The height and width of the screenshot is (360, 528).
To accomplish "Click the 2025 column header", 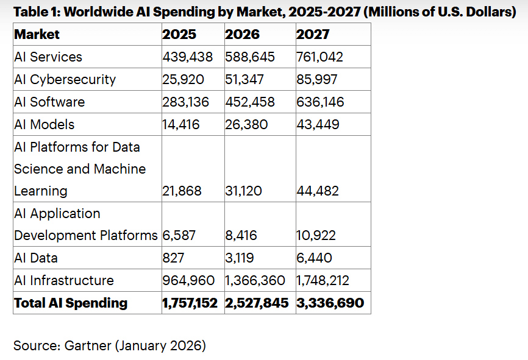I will pos(179,35).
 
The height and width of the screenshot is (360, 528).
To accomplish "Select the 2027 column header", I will pos(313,35).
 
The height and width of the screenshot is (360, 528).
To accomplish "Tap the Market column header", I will pos(37,35).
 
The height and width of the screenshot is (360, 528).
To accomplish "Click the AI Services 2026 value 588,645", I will pos(250,57).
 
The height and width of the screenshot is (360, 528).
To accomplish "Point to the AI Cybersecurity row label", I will pos(65,80).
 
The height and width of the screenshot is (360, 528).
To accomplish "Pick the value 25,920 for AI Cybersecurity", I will pos(183,80).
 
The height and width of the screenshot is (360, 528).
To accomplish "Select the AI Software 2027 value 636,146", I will pos(320,102).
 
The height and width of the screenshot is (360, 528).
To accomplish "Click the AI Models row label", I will pos(44,125).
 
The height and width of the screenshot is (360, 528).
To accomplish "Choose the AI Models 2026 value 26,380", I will pos(246,125).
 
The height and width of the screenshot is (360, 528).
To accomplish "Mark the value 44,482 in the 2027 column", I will pos(318,191).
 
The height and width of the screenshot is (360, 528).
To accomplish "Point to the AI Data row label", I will pos(36,258).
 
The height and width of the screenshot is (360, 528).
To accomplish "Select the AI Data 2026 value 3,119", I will pos(240,258).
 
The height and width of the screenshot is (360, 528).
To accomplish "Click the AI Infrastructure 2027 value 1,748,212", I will pos(323,281).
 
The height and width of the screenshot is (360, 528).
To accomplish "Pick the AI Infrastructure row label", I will pos(64,281).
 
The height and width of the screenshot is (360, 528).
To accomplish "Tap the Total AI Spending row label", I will pos(71,303).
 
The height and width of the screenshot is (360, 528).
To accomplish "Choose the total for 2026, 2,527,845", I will pos(257,303).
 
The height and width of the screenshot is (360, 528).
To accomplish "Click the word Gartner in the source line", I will pos(86,346).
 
